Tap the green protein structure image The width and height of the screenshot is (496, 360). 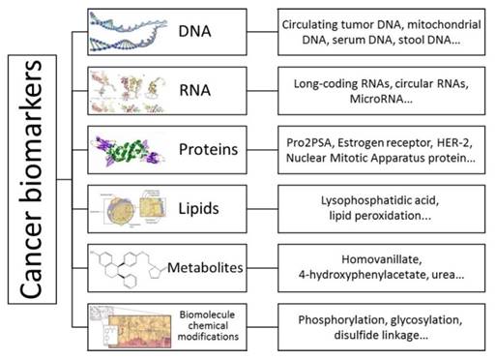coord(127,149)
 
